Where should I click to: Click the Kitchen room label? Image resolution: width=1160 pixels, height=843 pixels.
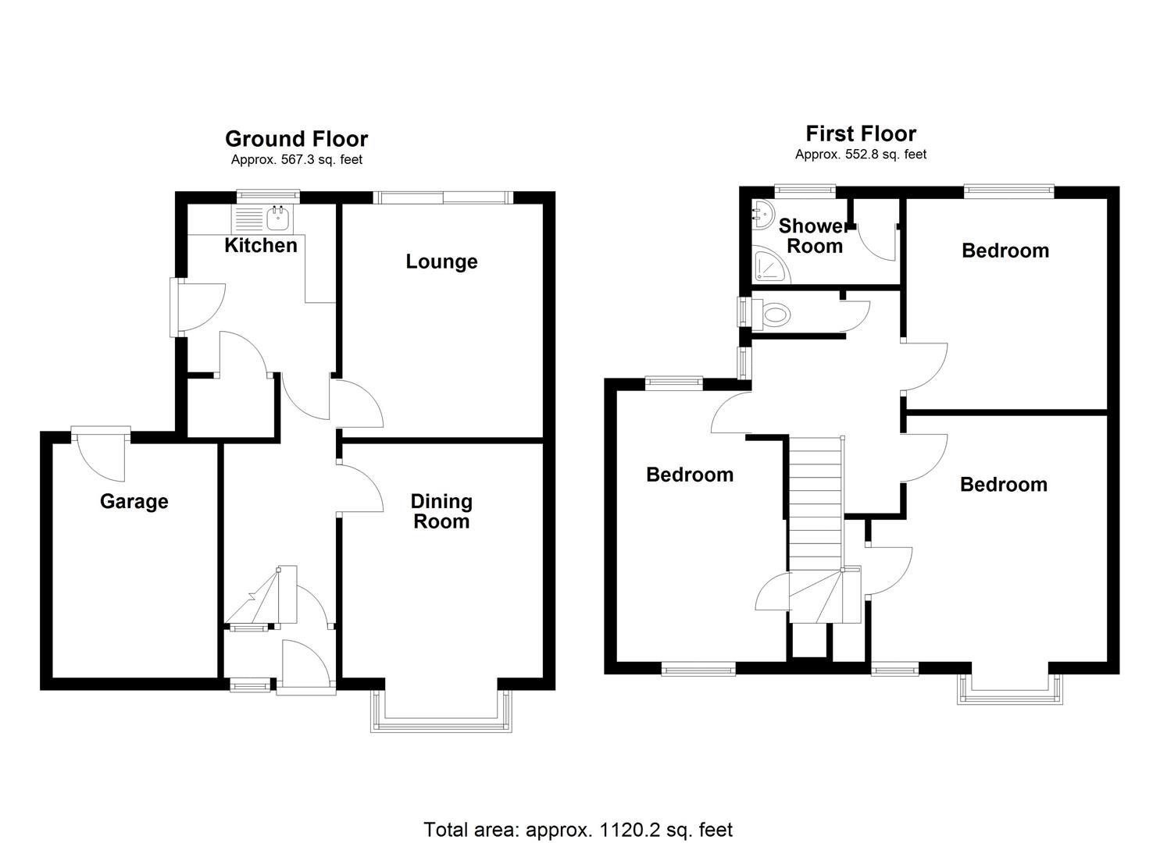click(x=260, y=245)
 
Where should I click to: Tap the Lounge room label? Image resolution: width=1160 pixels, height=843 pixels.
click(x=441, y=261)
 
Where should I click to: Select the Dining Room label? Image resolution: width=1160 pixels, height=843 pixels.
click(x=441, y=511)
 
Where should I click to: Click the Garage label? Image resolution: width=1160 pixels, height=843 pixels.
click(x=134, y=501)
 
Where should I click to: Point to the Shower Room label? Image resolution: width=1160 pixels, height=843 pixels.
click(x=814, y=236)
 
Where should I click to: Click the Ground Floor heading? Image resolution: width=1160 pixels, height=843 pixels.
click(x=296, y=139)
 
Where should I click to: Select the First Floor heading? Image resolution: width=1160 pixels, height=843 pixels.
click(x=861, y=133)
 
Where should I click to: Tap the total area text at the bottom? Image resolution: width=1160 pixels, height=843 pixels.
click(x=578, y=829)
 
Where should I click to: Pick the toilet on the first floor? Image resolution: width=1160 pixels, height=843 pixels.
click(x=773, y=315)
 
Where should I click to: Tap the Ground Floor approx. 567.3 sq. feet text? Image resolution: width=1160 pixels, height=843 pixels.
click(x=296, y=160)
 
